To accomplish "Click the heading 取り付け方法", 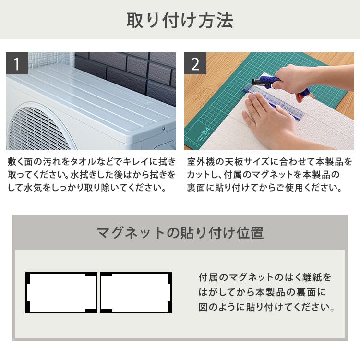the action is point(180,20).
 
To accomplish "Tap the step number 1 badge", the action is point(17,63).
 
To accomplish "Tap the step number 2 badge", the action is point(195,63).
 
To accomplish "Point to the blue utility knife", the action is point(280,84).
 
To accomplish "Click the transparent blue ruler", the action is point(274,101).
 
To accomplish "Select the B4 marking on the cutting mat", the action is point(206,132).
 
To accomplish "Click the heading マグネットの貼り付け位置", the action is point(180,233).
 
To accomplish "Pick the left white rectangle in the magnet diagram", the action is point(61,293).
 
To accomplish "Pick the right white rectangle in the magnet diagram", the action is point(136,293).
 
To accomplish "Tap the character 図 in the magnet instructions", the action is point(203,307).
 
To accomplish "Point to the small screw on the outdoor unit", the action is point(164,129).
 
